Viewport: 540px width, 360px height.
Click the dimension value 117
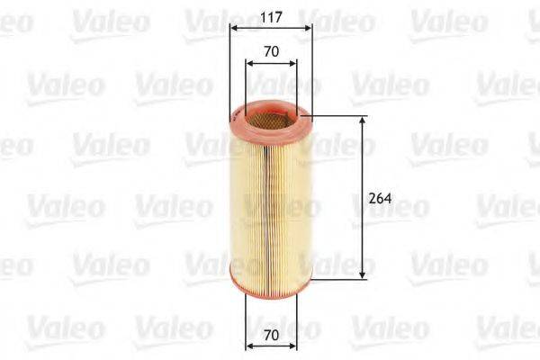pyautogui.click(x=270, y=14)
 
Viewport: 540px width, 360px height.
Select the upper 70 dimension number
pyautogui.click(x=270, y=51)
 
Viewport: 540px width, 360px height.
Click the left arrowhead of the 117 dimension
pyautogui.click(x=233, y=28)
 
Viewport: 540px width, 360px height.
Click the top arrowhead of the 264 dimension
pyautogui.click(x=362, y=121)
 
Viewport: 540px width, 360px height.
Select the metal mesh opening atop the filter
pyautogui.click(x=270, y=114)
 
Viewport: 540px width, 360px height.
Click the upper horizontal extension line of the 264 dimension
pyautogui.click(x=337, y=116)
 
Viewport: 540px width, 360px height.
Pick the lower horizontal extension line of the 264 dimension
pyautogui.click(x=337, y=278)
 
